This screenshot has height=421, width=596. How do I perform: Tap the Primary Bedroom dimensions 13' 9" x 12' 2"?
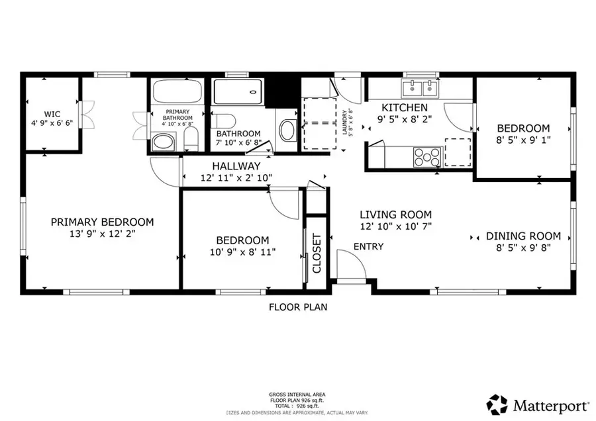[102, 234]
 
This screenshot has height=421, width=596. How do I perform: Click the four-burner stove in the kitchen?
[427, 157]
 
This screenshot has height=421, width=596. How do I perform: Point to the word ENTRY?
[368, 247]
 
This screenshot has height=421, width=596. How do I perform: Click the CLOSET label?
[317, 254]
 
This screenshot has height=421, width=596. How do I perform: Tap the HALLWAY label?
[236, 166]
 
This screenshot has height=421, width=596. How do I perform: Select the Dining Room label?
[523, 236]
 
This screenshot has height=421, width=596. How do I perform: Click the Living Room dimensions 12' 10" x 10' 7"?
[395, 226]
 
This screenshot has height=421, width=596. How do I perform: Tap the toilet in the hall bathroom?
[223, 121]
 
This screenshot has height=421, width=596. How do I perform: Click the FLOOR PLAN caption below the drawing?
[297, 307]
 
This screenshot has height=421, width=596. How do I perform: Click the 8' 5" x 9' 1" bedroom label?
[523, 140]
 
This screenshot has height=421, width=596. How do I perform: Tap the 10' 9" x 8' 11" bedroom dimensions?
[242, 252]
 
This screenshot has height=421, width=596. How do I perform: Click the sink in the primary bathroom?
[163, 141]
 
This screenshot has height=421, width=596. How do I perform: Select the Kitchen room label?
[404, 107]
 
